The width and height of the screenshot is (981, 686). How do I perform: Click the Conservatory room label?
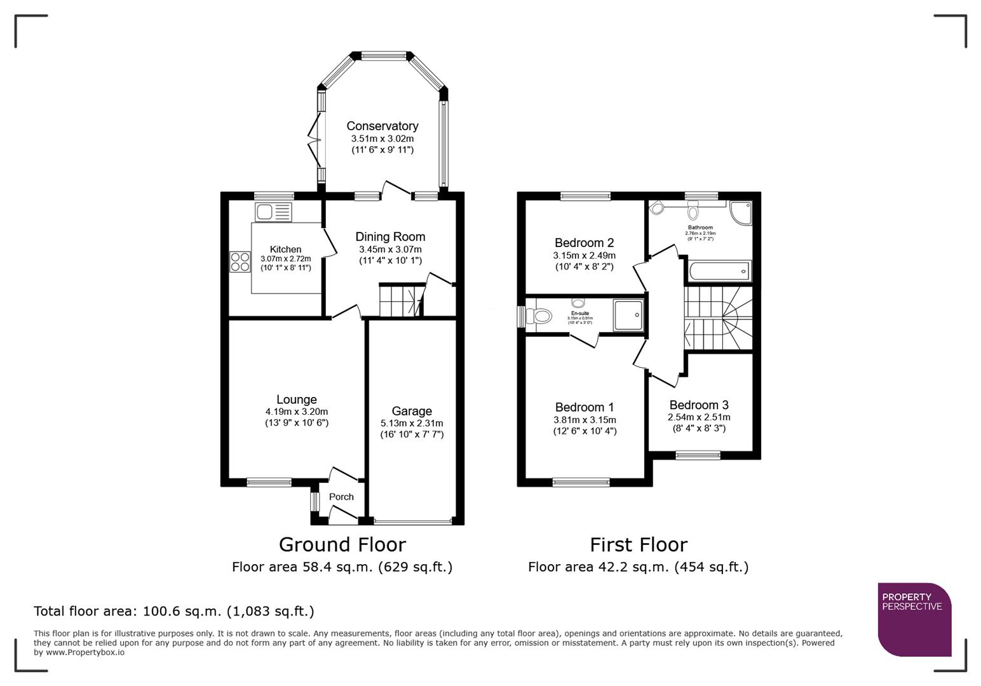[x=382, y=126]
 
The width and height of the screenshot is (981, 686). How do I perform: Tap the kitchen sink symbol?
[x=273, y=212]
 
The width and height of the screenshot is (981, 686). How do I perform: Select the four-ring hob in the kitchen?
[x=240, y=262]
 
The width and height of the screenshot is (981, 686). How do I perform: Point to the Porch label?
[x=341, y=497]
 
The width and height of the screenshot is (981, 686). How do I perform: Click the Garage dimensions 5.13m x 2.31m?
[x=412, y=423]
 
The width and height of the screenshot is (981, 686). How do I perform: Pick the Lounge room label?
[x=296, y=400]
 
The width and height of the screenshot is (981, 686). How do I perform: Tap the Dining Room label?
[x=390, y=237]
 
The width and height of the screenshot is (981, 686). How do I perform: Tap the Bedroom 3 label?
[x=699, y=405]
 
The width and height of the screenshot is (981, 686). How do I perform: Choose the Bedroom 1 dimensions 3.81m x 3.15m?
[x=585, y=420]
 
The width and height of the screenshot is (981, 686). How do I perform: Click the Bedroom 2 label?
[x=584, y=243]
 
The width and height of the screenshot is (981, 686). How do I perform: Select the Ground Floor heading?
[x=342, y=545]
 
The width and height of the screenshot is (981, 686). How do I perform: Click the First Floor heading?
[x=638, y=545]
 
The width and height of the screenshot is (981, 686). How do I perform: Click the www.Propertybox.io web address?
[x=85, y=652]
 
